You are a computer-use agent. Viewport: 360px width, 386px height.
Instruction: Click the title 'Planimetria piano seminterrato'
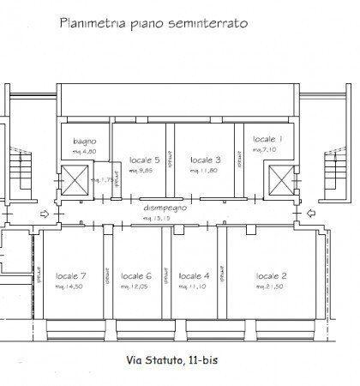click(153, 24)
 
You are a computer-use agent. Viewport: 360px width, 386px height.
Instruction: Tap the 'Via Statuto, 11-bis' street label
click(182, 363)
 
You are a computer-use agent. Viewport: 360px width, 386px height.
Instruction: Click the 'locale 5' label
click(145, 160)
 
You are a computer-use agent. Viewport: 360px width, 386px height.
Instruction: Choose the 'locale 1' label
click(269, 139)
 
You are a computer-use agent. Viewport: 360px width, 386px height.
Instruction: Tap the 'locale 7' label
click(70, 275)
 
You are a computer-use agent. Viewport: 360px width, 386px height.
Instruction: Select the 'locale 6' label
click(136, 275)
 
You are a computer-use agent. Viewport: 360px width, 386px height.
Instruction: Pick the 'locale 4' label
click(195, 275)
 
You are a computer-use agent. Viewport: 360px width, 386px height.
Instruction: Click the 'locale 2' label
click(271, 275)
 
